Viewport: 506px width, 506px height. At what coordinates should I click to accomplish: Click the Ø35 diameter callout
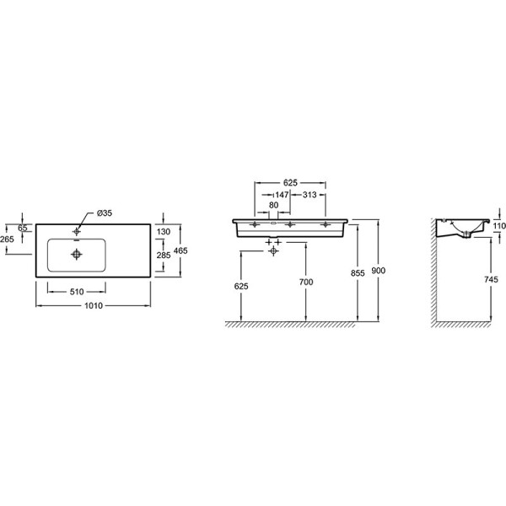pos(105,213)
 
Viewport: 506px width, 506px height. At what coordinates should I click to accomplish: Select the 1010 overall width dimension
pos(94,305)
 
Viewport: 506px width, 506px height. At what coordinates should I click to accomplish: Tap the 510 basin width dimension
pos(77,292)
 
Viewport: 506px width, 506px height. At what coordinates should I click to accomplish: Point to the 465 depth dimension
pos(180,250)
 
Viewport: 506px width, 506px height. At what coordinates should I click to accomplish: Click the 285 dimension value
pos(164,255)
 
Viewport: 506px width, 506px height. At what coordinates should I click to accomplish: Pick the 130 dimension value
pos(164,231)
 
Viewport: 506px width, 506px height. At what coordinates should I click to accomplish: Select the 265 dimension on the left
pos(7,239)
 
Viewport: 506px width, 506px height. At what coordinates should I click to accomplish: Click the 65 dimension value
pos(23,228)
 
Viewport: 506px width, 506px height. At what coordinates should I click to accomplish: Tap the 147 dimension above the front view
pos(282,195)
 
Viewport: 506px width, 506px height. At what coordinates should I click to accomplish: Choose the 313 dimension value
pos(310,195)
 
